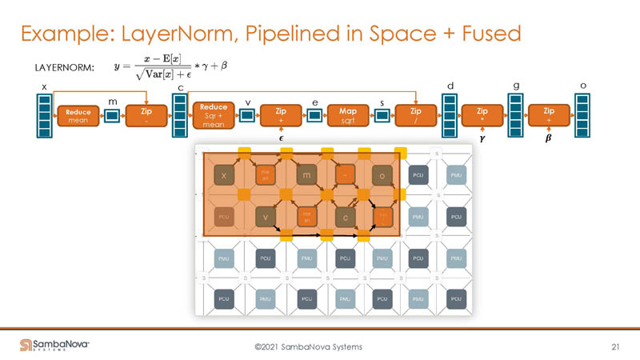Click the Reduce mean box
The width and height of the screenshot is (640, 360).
tap(78, 116)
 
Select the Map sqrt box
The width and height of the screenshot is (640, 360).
tap(348, 116)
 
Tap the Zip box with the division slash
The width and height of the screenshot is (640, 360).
tap(415, 116)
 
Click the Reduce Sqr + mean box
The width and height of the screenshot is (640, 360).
tap(214, 115)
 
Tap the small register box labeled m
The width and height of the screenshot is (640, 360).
tap(112, 116)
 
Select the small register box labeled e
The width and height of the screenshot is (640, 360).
tap(314, 116)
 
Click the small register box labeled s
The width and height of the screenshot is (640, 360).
tap(382, 116)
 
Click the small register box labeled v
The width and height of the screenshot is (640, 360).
tap(247, 116)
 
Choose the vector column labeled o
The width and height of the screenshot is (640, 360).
tap(582, 116)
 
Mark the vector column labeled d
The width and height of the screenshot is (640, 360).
tap(449, 116)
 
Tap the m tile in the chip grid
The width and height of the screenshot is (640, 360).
tap(305, 174)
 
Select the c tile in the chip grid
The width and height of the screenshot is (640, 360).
tap(344, 215)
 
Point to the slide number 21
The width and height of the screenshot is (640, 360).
tap(615, 346)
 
